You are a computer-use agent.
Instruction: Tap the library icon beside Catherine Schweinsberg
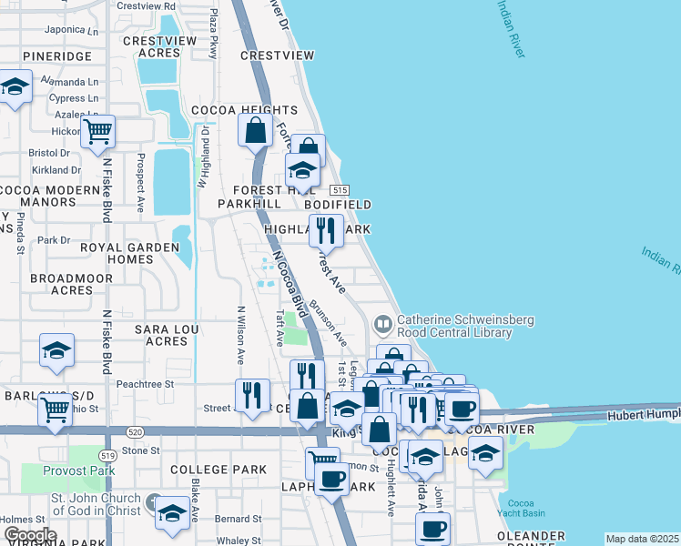tap(383, 323)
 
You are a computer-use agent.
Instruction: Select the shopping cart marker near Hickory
tap(97, 130)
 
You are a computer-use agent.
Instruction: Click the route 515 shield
tap(340, 189)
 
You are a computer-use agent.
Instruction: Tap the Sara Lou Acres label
tap(160, 334)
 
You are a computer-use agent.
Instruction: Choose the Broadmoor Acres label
tap(60, 284)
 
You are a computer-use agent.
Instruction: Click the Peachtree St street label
tap(144, 385)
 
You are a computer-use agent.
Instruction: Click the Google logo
tap(30, 535)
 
